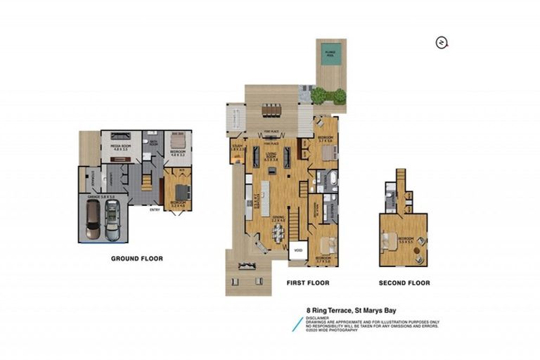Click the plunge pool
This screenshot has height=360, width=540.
tap(330, 55)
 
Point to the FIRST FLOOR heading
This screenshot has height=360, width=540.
tap(307, 283)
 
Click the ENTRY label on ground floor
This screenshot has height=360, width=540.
tap(154, 208)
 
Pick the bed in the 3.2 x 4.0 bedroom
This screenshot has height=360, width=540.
tap(181, 191)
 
